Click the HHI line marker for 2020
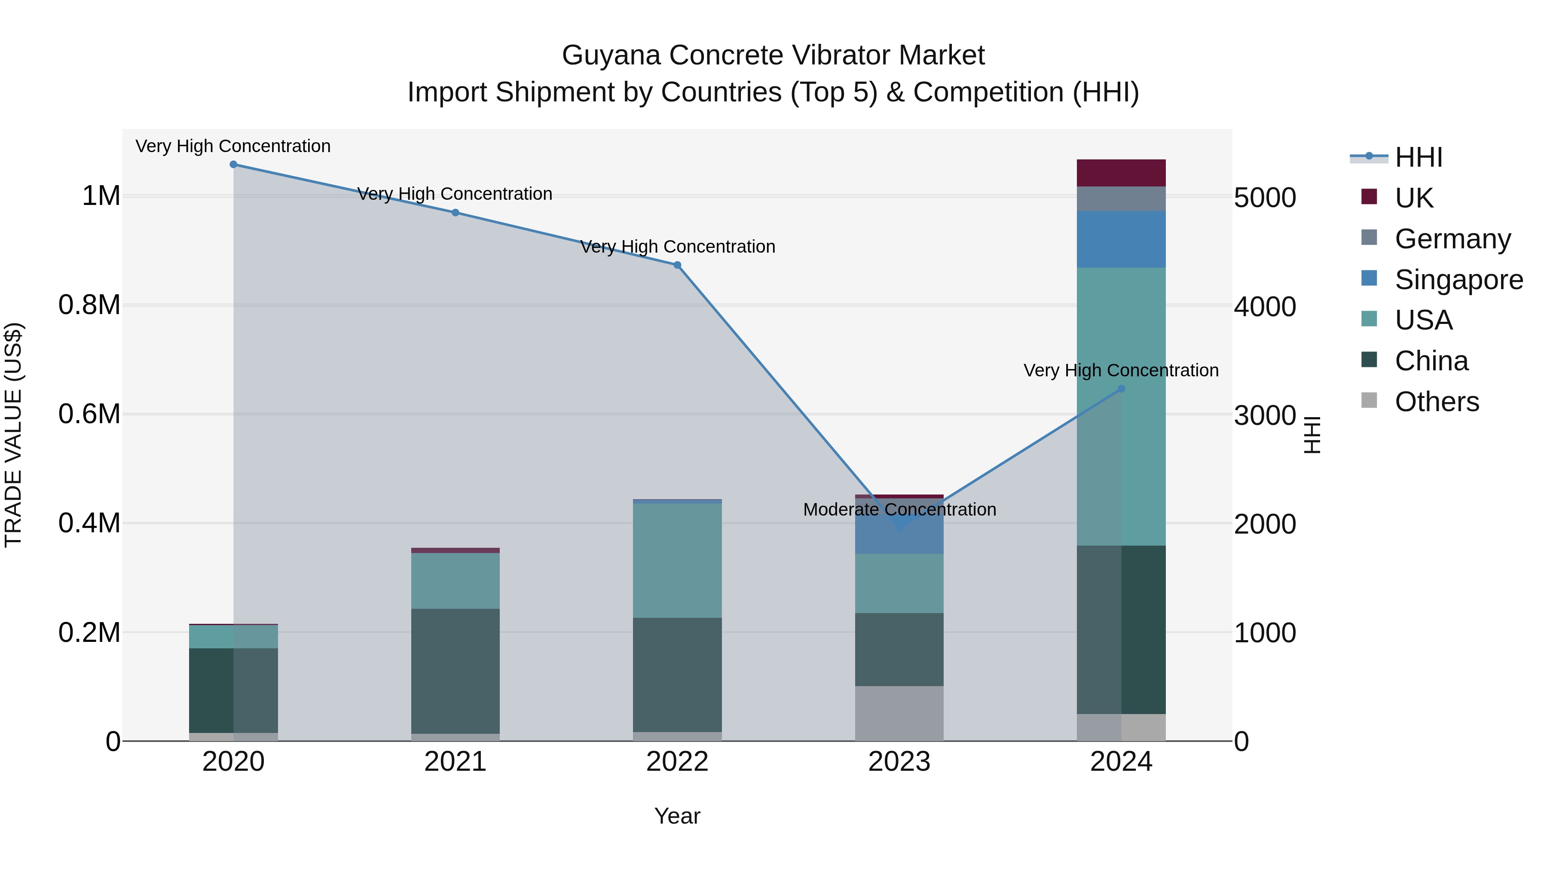pos(234,165)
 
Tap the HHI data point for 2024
pos(1121,389)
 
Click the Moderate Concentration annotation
pos(899,510)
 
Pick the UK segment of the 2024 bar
pos(1121,173)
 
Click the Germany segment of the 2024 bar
pos(1121,199)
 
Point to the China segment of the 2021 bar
pos(455,671)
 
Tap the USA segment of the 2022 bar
pos(677,560)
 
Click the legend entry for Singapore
pos(1458,280)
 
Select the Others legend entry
pos(1436,402)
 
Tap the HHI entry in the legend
pos(1418,157)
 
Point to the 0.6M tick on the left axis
pos(89,414)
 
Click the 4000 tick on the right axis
pos(1265,307)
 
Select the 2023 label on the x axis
pos(899,762)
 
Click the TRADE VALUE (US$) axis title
pos(14,435)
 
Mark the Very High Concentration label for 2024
pos(1121,370)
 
